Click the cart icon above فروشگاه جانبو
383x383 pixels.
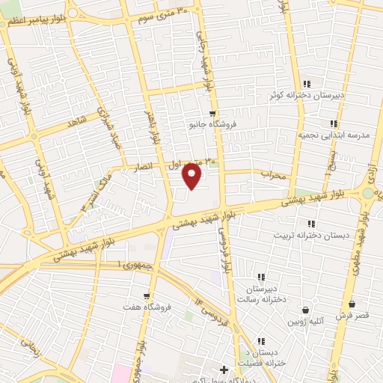click(x=212, y=114)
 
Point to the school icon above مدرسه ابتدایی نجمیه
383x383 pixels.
click(x=334, y=123)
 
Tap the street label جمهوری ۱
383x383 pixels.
click(x=130, y=266)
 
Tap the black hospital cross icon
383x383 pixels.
click(x=224, y=370)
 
